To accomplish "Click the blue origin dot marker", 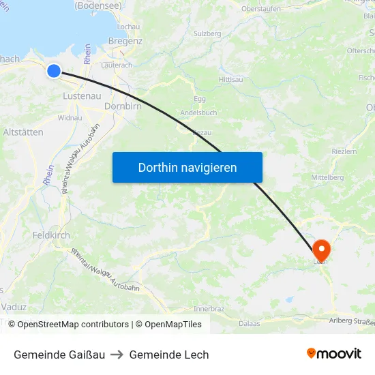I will pos(54,70).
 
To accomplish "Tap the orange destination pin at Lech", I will pos(320,249).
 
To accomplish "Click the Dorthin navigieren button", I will pos(187,167).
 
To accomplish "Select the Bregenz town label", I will pos(125,41).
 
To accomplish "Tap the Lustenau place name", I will pos(82,96).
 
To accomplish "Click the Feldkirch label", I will pos(51,235).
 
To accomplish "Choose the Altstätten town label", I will pos(23,132).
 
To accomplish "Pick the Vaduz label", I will pos(14,307).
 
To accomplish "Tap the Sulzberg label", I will pos(207,33).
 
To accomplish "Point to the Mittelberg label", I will pos(327,177).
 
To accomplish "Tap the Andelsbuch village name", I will pos(198,112).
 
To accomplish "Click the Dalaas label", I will pos(250,323).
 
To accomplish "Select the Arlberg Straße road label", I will pos(351,322).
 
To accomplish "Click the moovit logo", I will pos(334,354).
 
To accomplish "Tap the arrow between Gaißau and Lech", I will pos(117,355).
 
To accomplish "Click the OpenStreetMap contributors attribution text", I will pos(68,325).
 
